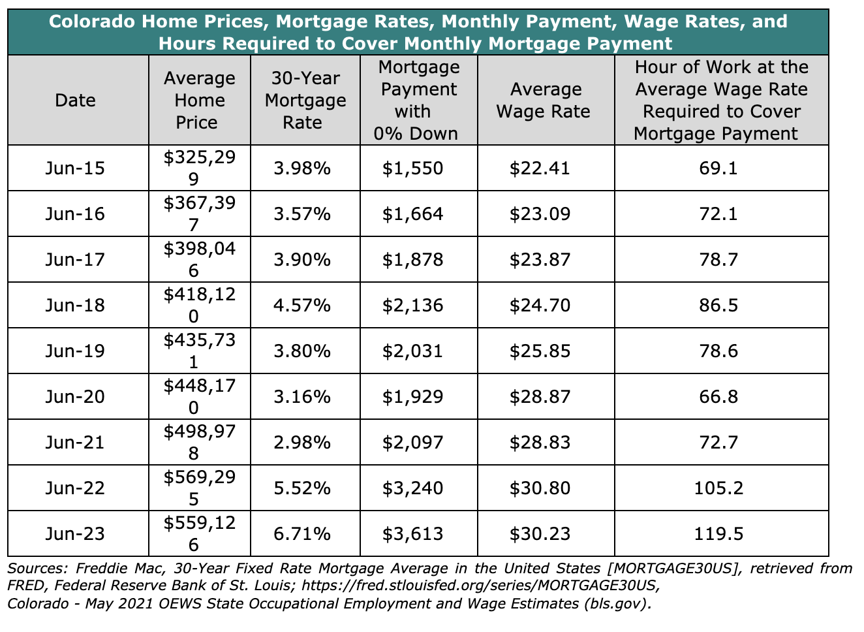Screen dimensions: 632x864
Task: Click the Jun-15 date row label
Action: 75,168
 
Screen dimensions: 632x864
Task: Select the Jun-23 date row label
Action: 75,534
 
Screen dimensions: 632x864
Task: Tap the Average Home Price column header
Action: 200,101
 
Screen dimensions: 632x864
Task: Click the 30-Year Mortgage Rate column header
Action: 305,101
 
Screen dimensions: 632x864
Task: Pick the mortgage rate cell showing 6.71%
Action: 303,534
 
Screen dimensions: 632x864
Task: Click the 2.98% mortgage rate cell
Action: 303,443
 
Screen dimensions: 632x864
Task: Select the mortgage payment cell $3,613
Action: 412,534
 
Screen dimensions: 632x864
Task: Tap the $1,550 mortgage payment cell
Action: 412,168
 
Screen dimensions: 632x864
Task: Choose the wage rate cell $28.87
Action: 540,397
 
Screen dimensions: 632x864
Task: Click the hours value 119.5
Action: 721,534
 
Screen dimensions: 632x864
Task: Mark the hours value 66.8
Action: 721,397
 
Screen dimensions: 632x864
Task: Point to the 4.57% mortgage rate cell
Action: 303,306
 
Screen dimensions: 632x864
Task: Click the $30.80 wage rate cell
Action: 540,488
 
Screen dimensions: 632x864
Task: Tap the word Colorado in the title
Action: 89,22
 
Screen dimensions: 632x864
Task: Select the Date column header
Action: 75,101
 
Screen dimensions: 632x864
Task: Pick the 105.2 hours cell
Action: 721,488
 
